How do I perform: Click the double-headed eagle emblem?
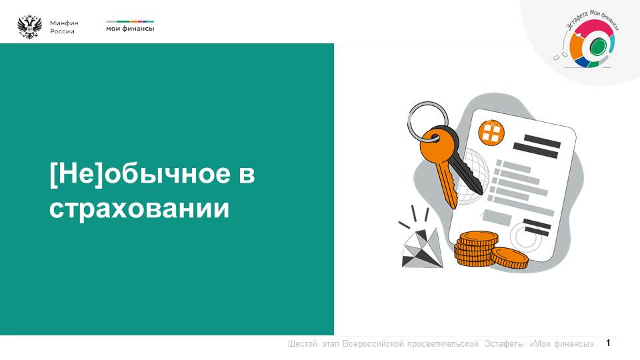(x=29, y=27)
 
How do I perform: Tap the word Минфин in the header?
(x=64, y=23)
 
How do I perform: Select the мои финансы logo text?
(x=130, y=29)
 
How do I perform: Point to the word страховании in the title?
(x=139, y=207)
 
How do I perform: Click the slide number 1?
(x=608, y=343)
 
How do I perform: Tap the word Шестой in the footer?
(x=303, y=344)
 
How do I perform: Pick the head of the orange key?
(x=433, y=141)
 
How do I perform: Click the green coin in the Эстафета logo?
(x=597, y=46)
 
